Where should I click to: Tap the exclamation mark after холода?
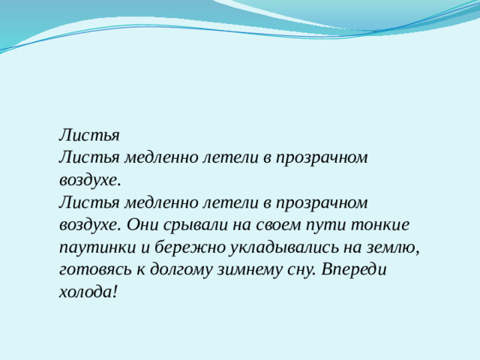click(114, 292)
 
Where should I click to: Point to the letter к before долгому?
click(144, 269)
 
